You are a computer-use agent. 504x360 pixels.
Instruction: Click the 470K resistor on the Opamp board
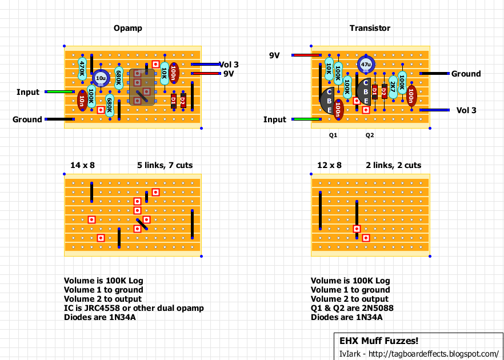(82, 69)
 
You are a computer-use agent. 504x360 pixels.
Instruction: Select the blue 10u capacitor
(101, 78)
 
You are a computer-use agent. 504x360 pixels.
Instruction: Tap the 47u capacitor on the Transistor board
(366, 64)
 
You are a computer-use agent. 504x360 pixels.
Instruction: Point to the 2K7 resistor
(393, 87)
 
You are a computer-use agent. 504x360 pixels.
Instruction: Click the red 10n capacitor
(82, 101)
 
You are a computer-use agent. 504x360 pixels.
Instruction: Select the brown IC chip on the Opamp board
(142, 87)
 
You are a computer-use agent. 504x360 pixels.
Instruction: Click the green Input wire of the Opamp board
(60, 92)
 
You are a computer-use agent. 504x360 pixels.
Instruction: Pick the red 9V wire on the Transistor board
(306, 55)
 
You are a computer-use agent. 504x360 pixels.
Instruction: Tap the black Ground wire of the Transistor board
(434, 74)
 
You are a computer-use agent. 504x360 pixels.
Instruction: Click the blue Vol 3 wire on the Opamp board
(206, 65)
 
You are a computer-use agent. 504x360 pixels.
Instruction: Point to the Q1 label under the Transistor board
(333, 135)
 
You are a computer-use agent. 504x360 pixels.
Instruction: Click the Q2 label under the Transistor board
(370, 135)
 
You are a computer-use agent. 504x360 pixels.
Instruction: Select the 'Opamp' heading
(127, 29)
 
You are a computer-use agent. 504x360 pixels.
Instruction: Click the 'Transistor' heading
(370, 29)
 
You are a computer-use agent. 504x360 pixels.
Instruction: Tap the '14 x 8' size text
(83, 165)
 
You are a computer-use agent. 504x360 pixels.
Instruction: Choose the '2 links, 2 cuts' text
(393, 165)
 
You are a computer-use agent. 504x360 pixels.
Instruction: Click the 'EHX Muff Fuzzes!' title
(379, 341)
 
